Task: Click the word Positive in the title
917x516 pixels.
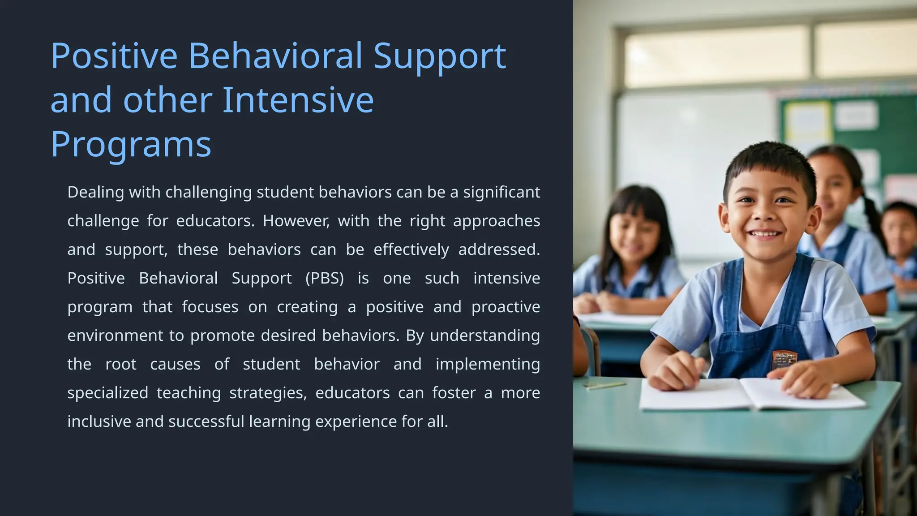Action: [x=114, y=56]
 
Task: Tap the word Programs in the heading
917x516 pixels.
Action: [x=130, y=144]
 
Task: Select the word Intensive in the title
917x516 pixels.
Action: [x=298, y=100]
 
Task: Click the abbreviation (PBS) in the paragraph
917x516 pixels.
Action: [x=325, y=278]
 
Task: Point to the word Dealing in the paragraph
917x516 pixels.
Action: [x=95, y=192]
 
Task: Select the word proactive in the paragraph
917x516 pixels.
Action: [x=506, y=307]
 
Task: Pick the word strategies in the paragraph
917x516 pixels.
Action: [x=267, y=393]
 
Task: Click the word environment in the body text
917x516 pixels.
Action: [x=115, y=335]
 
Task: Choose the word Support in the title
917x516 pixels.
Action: [x=439, y=56]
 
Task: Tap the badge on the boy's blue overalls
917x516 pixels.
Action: [x=784, y=360]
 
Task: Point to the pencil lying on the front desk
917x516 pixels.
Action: [x=604, y=385]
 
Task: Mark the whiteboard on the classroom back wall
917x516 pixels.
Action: [x=694, y=170]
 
